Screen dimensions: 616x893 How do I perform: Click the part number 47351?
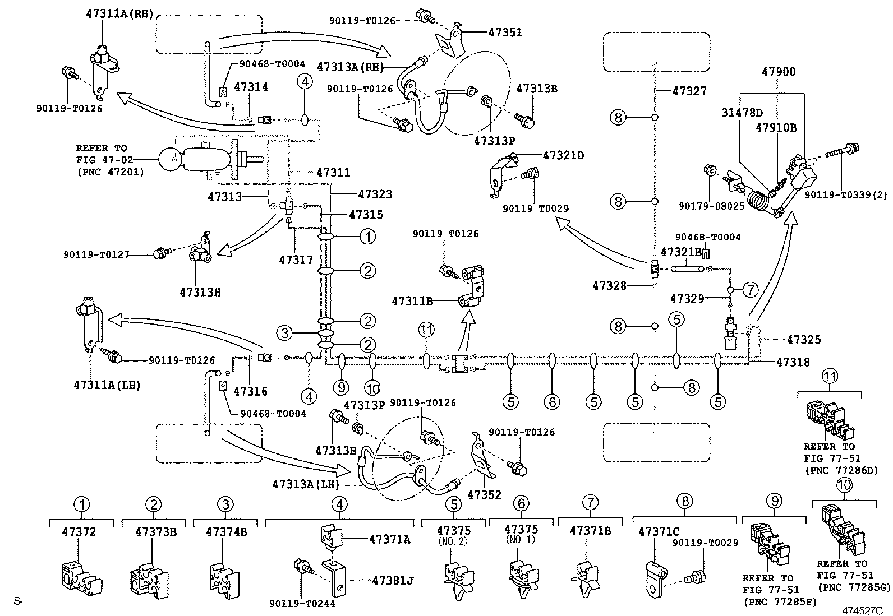click(x=505, y=33)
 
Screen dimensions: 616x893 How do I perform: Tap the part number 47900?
click(x=779, y=72)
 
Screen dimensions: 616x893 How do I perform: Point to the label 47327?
click(x=689, y=91)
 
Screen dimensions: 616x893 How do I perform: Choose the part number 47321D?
click(x=563, y=155)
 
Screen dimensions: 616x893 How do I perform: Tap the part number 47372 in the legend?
click(x=79, y=531)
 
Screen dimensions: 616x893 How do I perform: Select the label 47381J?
click(x=392, y=581)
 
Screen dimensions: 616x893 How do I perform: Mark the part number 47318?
click(x=793, y=362)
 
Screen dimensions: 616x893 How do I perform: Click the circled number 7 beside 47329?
click(x=750, y=290)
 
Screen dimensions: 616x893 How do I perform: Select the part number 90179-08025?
click(x=719, y=206)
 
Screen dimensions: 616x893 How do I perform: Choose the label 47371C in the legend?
click(x=659, y=531)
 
